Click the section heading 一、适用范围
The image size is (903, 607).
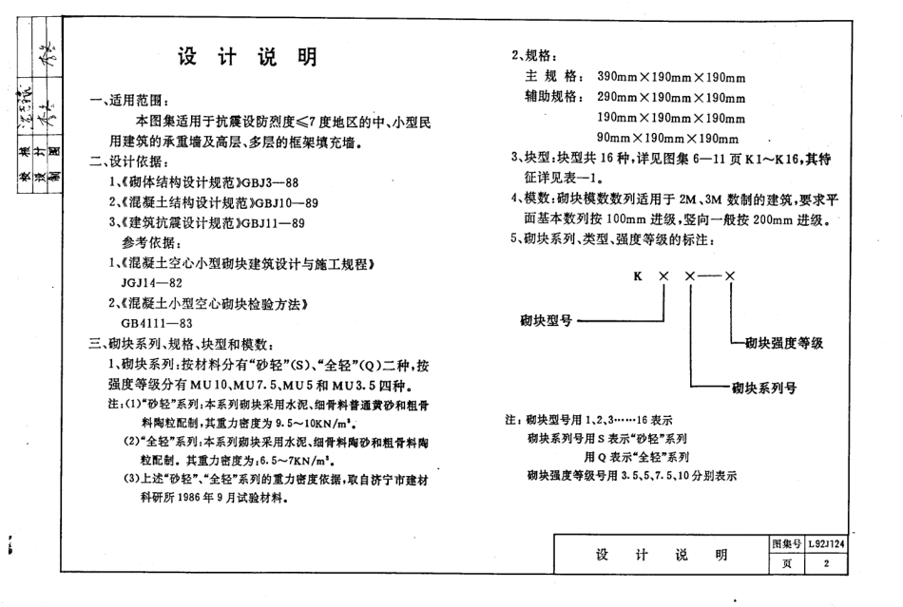[x=130, y=102]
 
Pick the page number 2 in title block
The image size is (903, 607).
[x=827, y=564]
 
